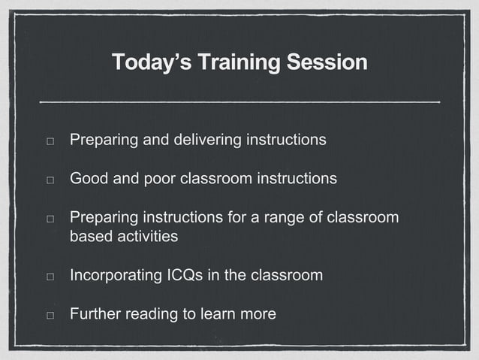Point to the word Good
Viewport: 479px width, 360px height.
click(88, 180)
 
